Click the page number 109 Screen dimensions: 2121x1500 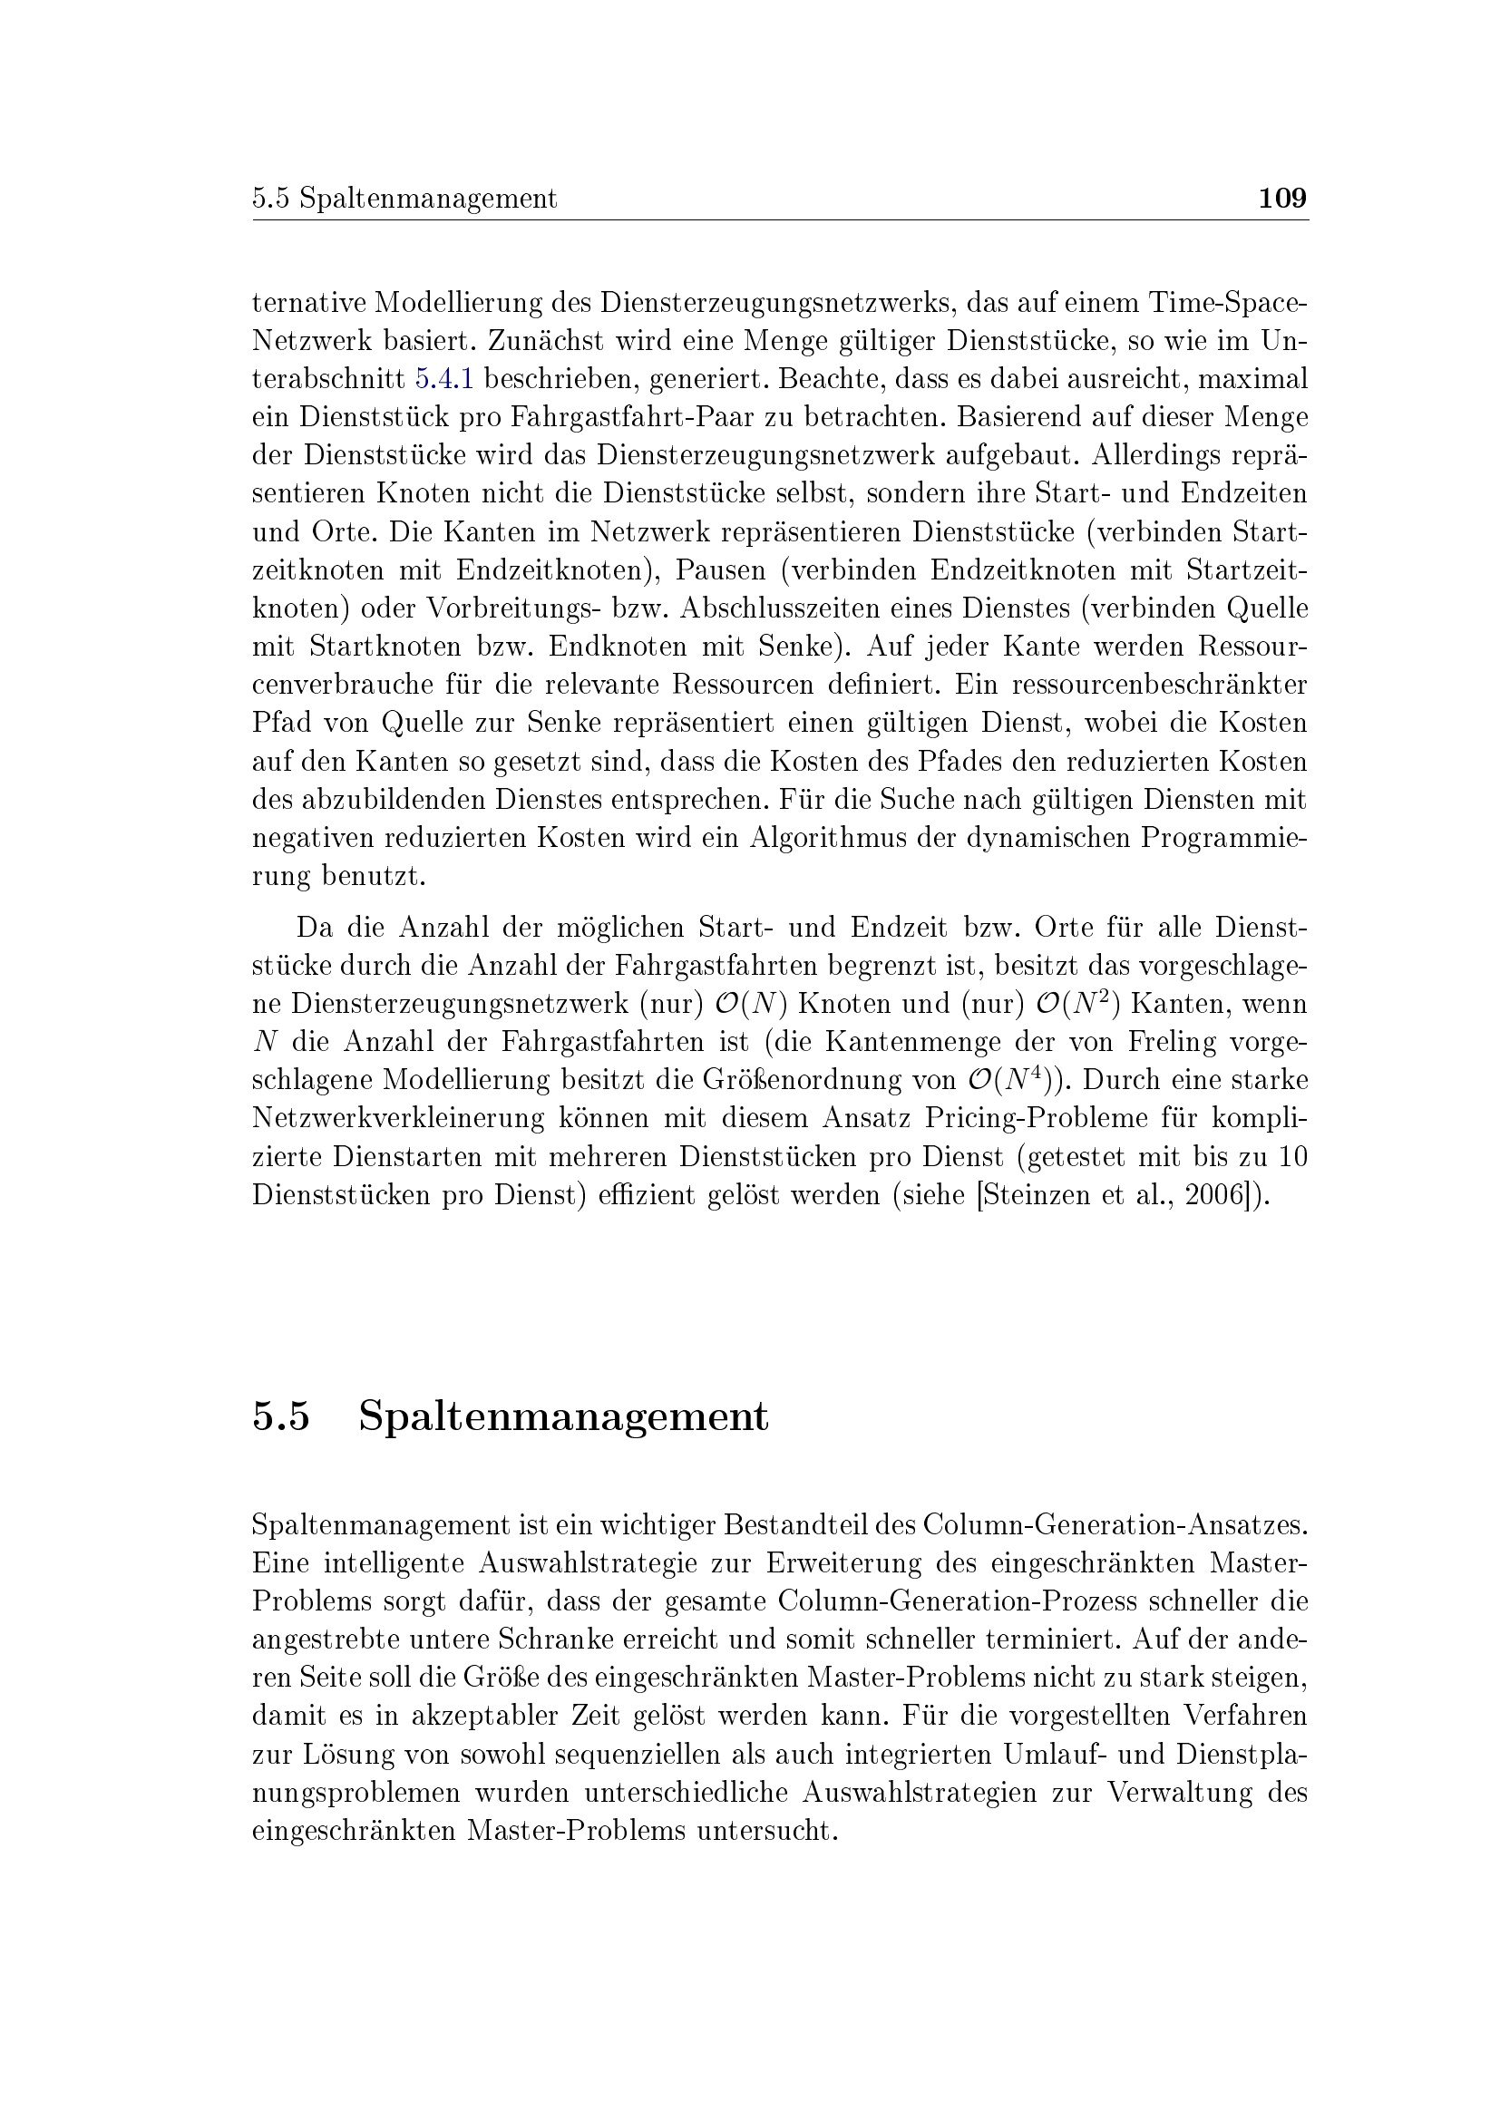click(1283, 199)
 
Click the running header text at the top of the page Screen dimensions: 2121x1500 click(404, 199)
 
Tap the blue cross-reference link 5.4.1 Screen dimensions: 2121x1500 click(444, 379)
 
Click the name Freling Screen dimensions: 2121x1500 click(1172, 1042)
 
